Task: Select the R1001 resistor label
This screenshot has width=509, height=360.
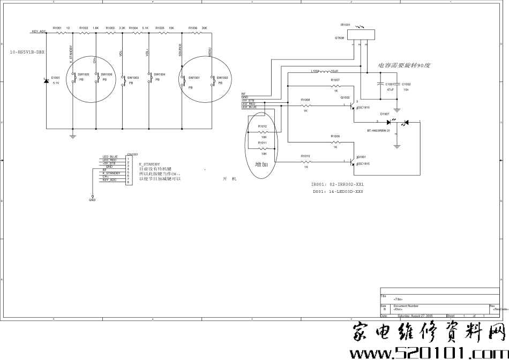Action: point(57,27)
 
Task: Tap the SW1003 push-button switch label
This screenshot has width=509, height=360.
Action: point(133,77)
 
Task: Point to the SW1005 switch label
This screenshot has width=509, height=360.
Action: point(83,74)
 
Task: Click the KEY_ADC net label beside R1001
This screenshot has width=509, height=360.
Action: point(39,32)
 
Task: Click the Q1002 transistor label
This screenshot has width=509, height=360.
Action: point(345,97)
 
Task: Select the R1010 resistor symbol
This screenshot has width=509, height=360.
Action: point(305,161)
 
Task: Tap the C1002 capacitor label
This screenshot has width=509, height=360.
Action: point(407,84)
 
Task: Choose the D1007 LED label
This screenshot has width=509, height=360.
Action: point(385,114)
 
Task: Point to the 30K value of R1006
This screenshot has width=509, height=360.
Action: point(204,27)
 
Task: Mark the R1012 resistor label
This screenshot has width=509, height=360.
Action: point(263,126)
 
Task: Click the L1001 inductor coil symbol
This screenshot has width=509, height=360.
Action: point(325,71)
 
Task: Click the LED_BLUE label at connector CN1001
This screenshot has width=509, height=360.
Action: point(110,156)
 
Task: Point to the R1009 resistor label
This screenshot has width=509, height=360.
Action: point(335,136)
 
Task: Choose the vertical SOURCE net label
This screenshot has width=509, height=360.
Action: point(180,52)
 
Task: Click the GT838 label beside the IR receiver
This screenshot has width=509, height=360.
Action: point(339,38)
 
